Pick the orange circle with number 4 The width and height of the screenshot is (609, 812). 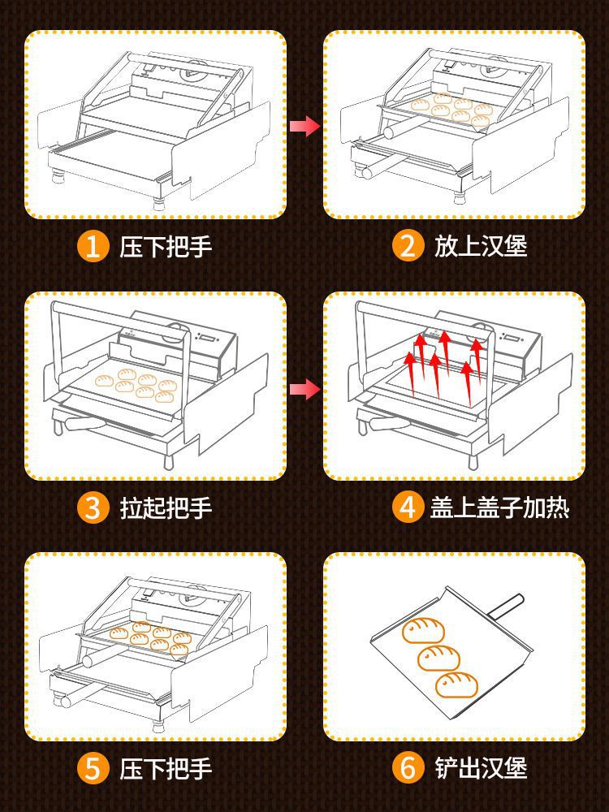(x=407, y=508)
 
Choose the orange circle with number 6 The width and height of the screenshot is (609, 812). (x=407, y=768)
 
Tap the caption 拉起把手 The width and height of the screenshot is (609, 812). (x=166, y=508)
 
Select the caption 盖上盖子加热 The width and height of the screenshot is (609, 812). (x=499, y=508)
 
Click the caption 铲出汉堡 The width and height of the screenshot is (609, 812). (x=481, y=768)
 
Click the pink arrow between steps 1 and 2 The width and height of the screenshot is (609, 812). (x=304, y=126)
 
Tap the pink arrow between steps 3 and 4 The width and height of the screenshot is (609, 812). (x=304, y=390)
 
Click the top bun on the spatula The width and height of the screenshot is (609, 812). (x=424, y=629)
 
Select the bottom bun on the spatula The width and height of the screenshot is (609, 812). (x=456, y=685)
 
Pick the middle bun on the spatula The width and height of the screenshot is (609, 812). (x=439, y=657)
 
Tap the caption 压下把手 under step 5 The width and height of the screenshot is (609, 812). (x=166, y=768)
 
